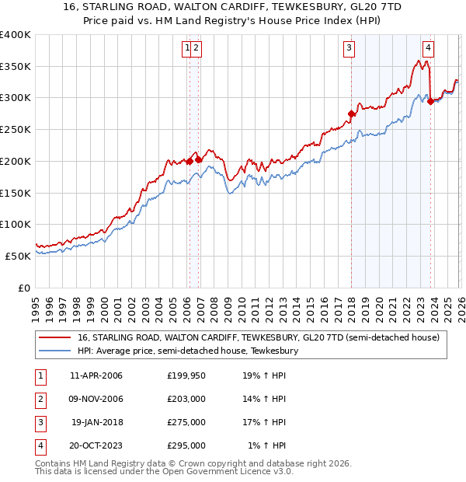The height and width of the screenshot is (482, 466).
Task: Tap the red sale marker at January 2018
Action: [351, 114]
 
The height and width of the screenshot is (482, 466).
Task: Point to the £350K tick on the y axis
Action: [16, 66]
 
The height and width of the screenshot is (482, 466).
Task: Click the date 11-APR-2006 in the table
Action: [96, 375]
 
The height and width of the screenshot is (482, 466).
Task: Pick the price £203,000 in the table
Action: [186, 400]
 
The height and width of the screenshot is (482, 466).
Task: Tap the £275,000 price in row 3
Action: [186, 423]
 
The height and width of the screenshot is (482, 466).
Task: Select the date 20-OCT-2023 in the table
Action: [96, 446]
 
